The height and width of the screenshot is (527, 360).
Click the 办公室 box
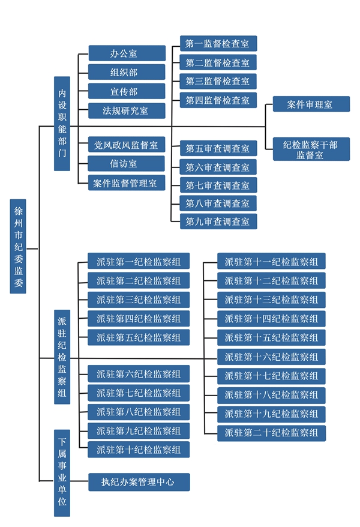pyautogui.click(x=127, y=53)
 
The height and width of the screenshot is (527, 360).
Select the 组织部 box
pyautogui.click(x=127, y=72)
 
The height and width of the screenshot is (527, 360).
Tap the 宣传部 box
pyautogui.click(x=127, y=91)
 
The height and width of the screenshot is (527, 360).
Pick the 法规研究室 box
pyautogui.click(x=127, y=110)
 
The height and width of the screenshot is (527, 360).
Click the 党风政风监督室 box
pyautogui.click(x=127, y=145)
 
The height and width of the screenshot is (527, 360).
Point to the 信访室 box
pyautogui.click(x=127, y=163)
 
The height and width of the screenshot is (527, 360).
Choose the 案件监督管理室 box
pyautogui.click(x=127, y=182)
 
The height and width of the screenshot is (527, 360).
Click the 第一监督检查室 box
pyautogui.click(x=218, y=43)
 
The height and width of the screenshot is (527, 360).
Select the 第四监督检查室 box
pyautogui.click(x=218, y=100)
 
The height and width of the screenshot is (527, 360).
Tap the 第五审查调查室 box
pyautogui.click(x=218, y=148)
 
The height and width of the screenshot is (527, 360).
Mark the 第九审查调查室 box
pyautogui.click(x=218, y=221)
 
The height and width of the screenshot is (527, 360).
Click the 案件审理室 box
pyautogui.click(x=311, y=104)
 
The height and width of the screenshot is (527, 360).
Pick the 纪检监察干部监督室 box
pyautogui.click(x=311, y=149)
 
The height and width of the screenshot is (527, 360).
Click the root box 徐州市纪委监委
pyautogui.click(x=18, y=246)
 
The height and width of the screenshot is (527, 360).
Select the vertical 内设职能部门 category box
pyautogui.click(x=62, y=124)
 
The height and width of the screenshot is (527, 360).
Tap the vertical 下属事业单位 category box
pyautogui.click(x=62, y=473)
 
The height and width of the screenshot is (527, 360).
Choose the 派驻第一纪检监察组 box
pyautogui.click(x=139, y=261)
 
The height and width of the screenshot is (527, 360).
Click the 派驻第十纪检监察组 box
pyautogui.click(x=139, y=450)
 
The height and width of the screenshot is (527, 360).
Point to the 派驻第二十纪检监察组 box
pyautogui.click(x=271, y=433)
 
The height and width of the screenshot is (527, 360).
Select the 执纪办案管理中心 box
pyautogui.click(x=139, y=482)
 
